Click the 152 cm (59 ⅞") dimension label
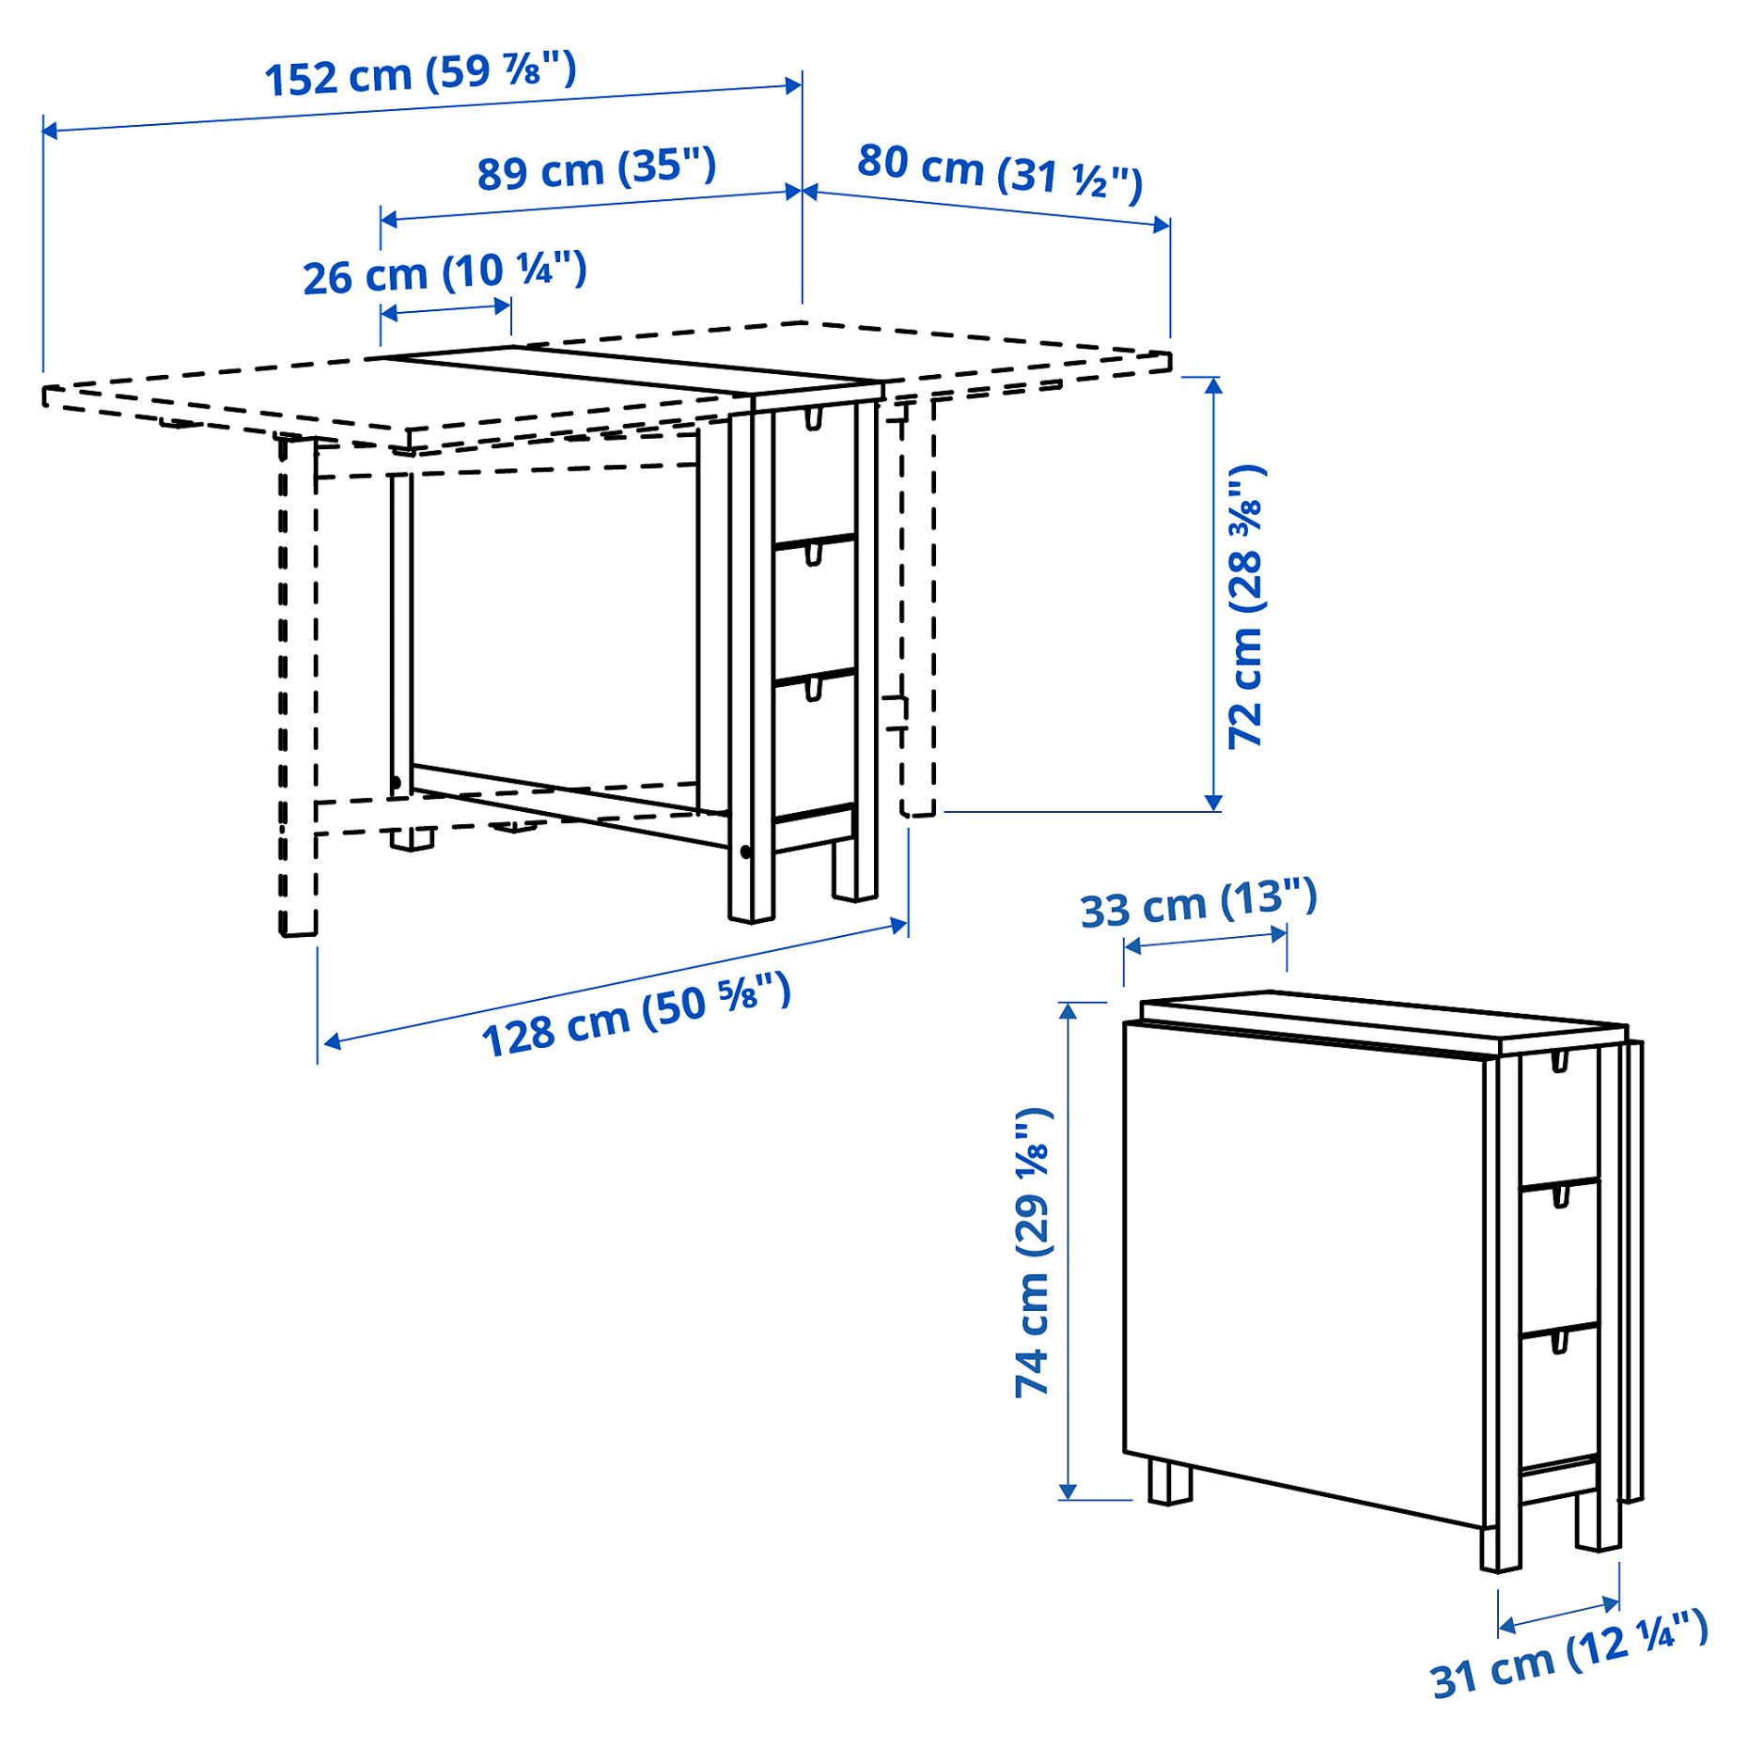420,73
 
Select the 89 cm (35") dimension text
596,169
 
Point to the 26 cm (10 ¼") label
445,273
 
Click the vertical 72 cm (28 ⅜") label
1246,606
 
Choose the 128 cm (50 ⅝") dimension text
636,1016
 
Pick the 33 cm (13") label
1198,904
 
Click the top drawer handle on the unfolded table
814,417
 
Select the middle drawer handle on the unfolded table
814,554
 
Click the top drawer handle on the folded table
1560,1062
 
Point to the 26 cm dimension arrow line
445,309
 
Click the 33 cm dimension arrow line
1205,940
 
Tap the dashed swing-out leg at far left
298,686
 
